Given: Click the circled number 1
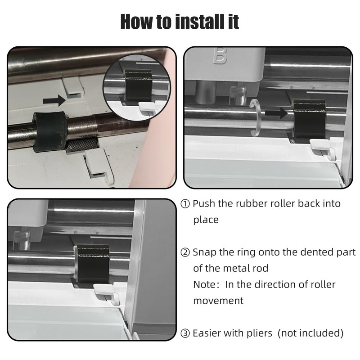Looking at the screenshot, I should point(185,204).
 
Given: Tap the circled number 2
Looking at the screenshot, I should point(185,252).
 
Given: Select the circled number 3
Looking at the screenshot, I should point(185,333).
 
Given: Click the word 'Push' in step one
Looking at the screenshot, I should point(204,204).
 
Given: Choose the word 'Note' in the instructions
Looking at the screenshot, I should point(203,285).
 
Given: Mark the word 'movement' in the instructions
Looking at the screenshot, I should point(218,301).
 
